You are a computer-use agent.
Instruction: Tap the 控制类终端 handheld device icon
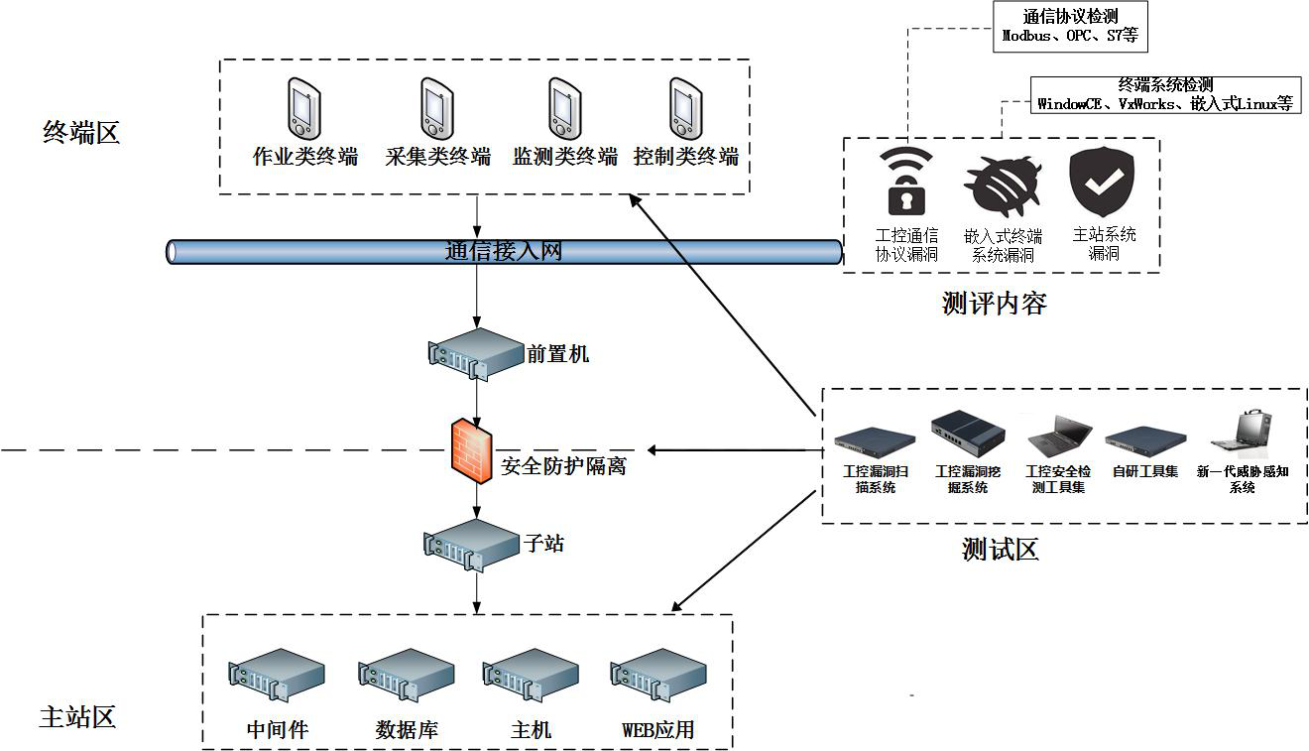(x=683, y=108)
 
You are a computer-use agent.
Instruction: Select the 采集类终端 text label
(x=437, y=157)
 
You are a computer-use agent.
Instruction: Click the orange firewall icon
(x=472, y=450)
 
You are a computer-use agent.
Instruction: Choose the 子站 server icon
(x=472, y=544)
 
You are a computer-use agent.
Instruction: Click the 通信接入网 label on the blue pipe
(x=503, y=251)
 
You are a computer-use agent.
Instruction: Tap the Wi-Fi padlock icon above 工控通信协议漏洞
(x=906, y=181)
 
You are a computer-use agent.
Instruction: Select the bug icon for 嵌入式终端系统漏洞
(x=1004, y=186)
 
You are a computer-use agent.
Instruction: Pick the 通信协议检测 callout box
(x=1070, y=27)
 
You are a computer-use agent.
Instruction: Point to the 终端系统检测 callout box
(x=1165, y=94)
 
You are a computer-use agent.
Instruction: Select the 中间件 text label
(x=278, y=730)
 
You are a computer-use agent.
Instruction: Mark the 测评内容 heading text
(x=994, y=304)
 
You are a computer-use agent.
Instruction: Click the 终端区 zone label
(x=81, y=132)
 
